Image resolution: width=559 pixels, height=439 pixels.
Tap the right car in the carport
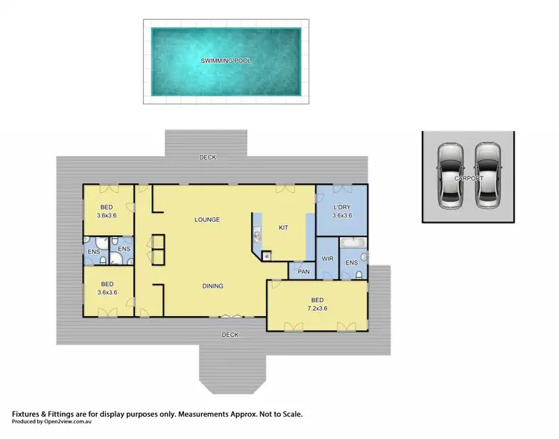(x=487, y=175)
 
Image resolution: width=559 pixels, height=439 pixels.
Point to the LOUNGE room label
(x=206, y=220)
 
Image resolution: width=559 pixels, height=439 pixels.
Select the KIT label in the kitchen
(x=283, y=227)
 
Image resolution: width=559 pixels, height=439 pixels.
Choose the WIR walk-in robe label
(x=327, y=259)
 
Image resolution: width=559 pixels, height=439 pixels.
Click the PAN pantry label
(x=303, y=271)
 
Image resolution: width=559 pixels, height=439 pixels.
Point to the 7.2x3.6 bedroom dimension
(x=318, y=307)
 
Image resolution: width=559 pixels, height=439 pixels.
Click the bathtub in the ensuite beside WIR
(x=353, y=243)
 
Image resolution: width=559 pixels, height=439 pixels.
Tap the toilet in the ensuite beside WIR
(x=359, y=275)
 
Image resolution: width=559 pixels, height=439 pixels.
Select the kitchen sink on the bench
(x=257, y=236)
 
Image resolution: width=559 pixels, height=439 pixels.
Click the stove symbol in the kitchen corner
(x=266, y=255)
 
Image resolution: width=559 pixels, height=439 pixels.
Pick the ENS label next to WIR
(x=353, y=262)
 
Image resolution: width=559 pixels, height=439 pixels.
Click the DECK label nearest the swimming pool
(x=207, y=158)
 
